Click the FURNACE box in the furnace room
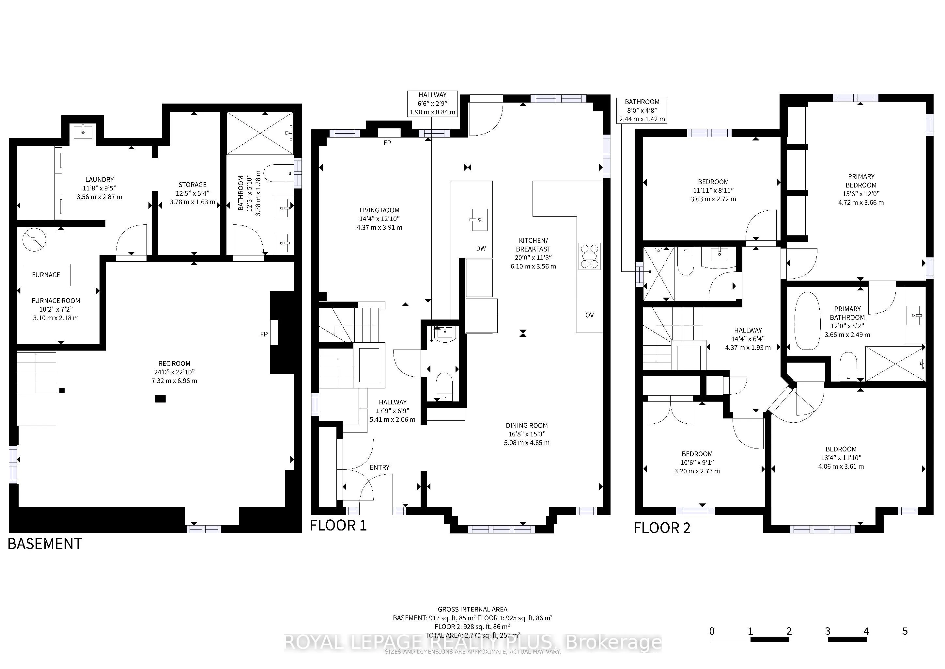pos(46,275)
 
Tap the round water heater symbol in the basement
pos(34,240)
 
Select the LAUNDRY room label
pos(100,180)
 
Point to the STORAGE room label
pos(193,185)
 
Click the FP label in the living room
pos(387,143)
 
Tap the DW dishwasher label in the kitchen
pos(481,248)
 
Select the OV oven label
pos(589,315)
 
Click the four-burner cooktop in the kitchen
pos(590,256)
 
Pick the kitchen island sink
pos(479,220)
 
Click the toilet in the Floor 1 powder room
pos(444,386)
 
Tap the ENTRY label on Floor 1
pos(380,467)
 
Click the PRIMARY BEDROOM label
pos(861,181)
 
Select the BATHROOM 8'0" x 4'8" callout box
pos(642,110)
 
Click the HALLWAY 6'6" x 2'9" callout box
pos(433,104)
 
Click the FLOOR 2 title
pos(662,528)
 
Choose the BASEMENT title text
pos(45,544)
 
